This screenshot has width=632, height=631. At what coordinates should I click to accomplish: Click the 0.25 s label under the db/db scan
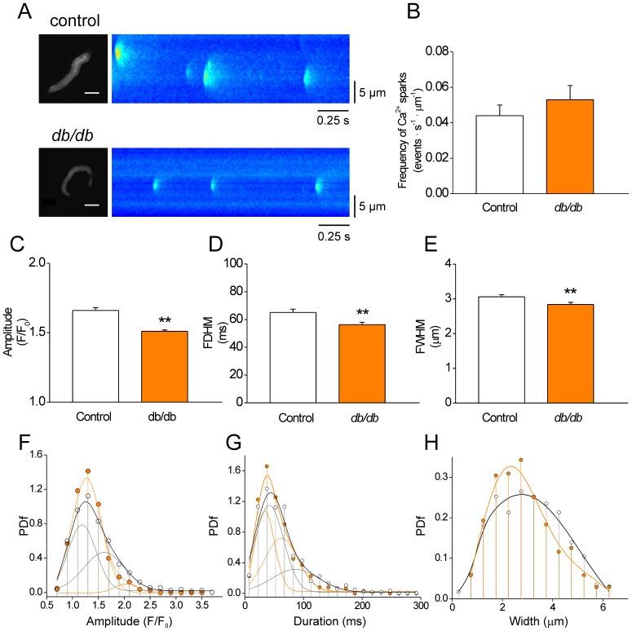(x=334, y=237)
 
